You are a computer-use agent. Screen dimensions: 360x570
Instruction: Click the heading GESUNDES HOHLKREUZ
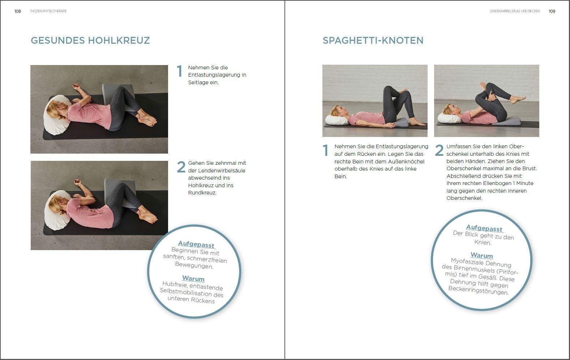pos(90,40)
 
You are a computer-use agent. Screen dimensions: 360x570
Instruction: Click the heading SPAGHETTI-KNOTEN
pos(373,40)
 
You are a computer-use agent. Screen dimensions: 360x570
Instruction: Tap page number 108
pos(18,11)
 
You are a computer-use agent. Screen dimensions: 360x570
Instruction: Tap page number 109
pos(552,11)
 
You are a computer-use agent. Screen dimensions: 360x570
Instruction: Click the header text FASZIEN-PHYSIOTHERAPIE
pos(48,11)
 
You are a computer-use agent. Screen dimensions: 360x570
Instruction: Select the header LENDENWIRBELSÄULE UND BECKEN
pos(515,11)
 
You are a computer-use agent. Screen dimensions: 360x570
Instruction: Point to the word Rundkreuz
pos(202,193)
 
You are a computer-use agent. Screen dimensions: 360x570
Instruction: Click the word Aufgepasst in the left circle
pos(196,244)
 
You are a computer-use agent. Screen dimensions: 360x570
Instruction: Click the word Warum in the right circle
pos(481,255)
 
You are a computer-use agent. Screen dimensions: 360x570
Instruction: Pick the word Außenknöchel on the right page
pos(407,161)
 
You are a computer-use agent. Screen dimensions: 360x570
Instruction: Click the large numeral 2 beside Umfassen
pos(439,150)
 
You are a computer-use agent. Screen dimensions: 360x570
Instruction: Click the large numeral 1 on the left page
pos(179,71)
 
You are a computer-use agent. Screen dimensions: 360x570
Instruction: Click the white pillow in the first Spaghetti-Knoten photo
pos(337,120)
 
